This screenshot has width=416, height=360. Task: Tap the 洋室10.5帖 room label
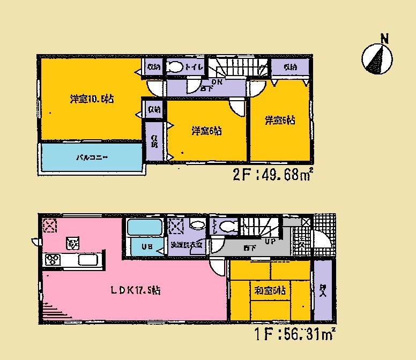(x=92, y=99)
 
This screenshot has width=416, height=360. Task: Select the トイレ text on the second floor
(x=194, y=67)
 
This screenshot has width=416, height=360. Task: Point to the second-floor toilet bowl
(x=174, y=67)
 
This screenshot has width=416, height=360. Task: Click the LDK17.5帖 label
(x=135, y=291)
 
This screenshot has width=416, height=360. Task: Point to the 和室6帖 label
(x=269, y=291)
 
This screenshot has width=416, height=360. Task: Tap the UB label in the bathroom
(x=145, y=247)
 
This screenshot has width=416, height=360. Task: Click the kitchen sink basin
(x=87, y=260)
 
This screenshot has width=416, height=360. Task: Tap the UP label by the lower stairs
(x=271, y=241)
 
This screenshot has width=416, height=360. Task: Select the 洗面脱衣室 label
(x=185, y=245)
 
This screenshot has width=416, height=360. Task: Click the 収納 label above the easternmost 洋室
(x=290, y=67)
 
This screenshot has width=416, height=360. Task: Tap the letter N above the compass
(x=384, y=38)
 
